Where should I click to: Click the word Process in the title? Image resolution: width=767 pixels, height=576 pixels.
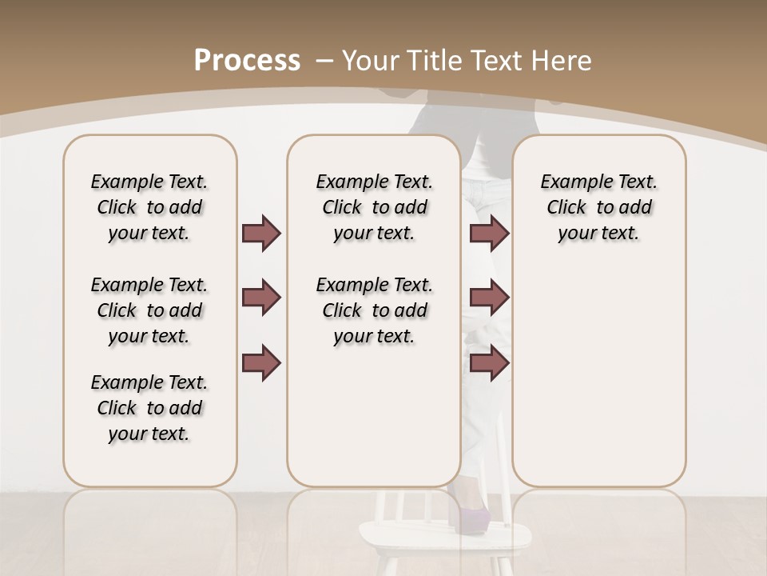pos(247,61)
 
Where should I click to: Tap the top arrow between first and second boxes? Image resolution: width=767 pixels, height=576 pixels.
pos(261,233)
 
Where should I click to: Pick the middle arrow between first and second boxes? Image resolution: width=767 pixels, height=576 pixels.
pos(261,298)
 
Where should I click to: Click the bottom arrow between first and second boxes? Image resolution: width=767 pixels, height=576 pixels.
pos(261,363)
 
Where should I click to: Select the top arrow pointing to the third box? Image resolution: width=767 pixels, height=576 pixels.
pos(489,233)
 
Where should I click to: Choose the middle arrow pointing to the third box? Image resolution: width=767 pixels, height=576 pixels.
pos(489,298)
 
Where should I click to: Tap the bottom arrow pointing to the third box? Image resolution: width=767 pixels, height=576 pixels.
pos(489,363)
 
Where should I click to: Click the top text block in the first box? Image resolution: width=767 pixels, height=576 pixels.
pos(149,207)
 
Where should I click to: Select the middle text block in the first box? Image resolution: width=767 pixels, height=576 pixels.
pos(149,310)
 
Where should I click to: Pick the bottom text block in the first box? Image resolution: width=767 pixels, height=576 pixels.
pos(149,408)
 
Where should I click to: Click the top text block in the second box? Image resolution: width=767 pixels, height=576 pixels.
pos(374,207)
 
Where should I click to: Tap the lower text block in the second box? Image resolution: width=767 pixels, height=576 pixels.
pos(374,310)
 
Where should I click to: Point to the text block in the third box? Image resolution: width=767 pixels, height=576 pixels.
pos(598,207)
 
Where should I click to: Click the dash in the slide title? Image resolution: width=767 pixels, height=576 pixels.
pos(324,61)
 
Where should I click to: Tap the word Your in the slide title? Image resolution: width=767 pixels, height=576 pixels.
pos(371,61)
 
